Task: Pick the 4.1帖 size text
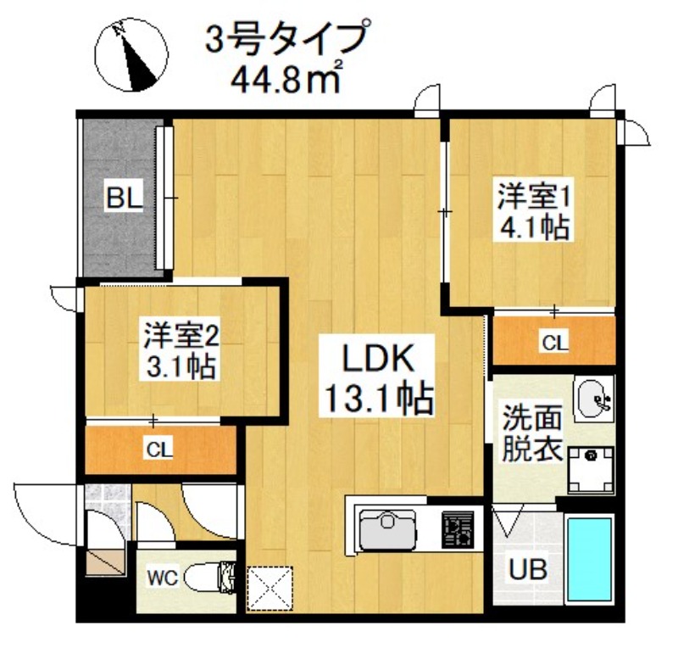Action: (532, 229)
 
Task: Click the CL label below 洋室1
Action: (555, 342)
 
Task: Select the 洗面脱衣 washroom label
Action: (531, 433)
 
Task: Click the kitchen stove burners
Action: (460, 533)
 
